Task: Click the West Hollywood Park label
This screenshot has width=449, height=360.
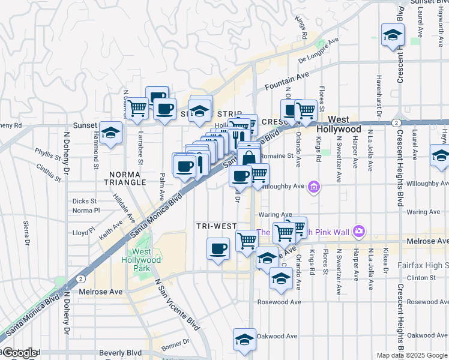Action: point(146,260)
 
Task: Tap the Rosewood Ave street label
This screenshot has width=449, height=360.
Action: point(279,302)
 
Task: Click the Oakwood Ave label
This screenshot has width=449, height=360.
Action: point(277,337)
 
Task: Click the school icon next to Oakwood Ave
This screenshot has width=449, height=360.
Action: point(244,340)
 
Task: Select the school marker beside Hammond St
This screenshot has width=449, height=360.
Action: point(111,134)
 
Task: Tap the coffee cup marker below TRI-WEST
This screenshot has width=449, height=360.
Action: point(218,248)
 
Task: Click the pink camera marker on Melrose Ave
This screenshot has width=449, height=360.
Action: point(359,231)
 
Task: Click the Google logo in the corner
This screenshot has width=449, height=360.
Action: point(19,353)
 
